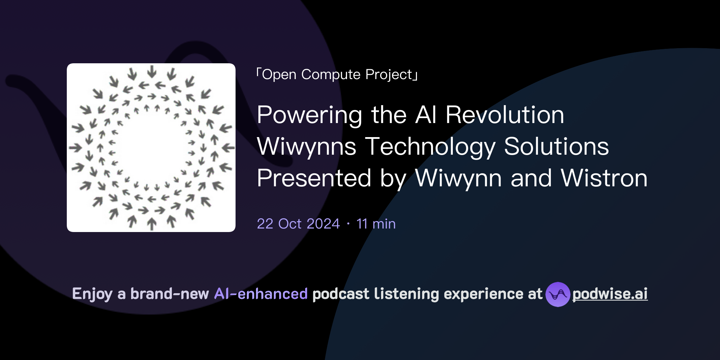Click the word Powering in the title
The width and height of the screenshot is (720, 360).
click(309, 115)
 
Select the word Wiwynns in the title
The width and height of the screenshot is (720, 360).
click(307, 147)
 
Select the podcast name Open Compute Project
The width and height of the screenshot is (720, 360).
click(337, 75)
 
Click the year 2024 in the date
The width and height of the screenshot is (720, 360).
click(323, 224)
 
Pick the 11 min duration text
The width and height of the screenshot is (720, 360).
click(376, 224)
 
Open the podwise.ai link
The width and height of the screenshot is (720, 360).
click(610, 294)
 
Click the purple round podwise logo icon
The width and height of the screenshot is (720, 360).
click(558, 294)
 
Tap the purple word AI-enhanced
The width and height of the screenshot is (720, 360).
click(261, 294)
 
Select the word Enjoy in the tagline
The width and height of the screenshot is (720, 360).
click(92, 294)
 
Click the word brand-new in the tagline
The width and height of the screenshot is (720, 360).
click(169, 294)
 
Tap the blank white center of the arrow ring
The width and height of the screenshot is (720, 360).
click(151, 148)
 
